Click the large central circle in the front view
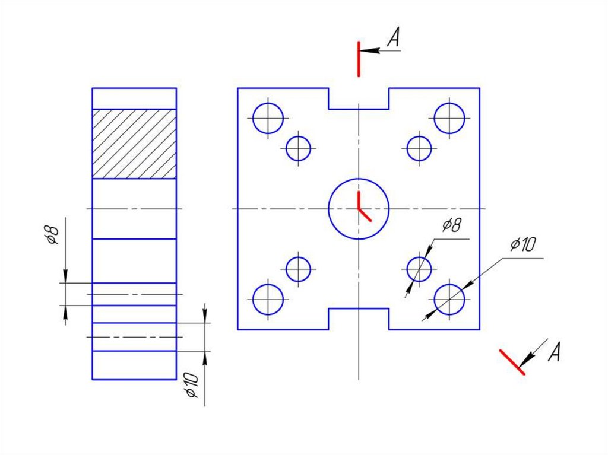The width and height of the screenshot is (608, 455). coord(329,209)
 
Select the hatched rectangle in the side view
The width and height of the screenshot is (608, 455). coord(134,144)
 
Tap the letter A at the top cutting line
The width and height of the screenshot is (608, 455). coord(394,37)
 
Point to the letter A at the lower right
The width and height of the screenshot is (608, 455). coord(555,352)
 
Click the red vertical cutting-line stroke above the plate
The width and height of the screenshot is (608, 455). coord(359,59)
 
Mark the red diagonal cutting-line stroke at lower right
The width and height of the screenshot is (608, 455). coord(512,362)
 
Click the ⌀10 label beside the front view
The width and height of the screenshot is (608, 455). coord(523,244)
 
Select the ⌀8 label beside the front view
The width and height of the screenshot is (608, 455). coord(452,225)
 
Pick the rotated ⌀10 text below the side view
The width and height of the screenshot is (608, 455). coord(192,385)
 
